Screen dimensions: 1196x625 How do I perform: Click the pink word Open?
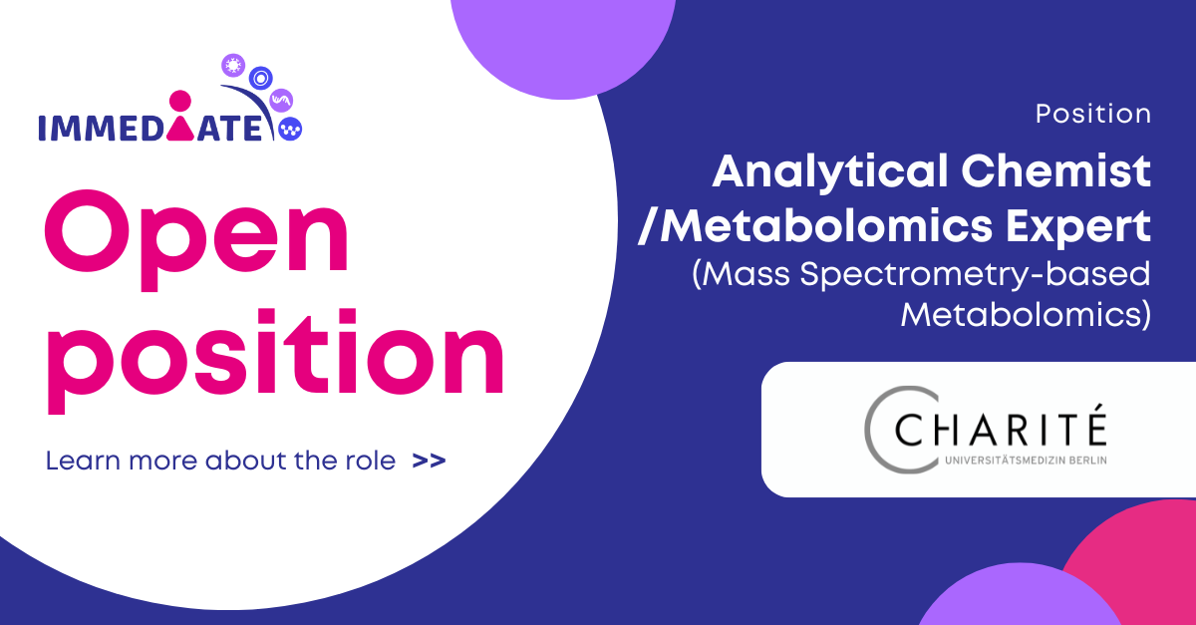[196, 240]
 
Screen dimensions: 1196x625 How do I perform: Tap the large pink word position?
[275, 361]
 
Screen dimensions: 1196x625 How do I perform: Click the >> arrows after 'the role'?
[429, 461]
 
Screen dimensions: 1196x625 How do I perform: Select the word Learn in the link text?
[83, 461]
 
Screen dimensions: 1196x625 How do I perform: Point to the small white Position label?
[1093, 114]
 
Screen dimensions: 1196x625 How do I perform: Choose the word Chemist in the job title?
[1055, 170]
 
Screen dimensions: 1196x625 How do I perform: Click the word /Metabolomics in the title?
[815, 226]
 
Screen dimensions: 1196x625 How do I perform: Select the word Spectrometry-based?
[975, 274]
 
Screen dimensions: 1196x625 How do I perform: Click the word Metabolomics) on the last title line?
[1026, 315]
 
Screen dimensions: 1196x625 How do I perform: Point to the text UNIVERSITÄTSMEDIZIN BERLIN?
[1026, 461]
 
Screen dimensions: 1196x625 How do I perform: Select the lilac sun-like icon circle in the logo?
[233, 66]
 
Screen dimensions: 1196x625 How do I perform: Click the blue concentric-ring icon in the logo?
[260, 79]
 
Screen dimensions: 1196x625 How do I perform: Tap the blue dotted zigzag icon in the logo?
[290, 129]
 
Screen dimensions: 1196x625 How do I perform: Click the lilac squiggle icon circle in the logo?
[281, 100]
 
